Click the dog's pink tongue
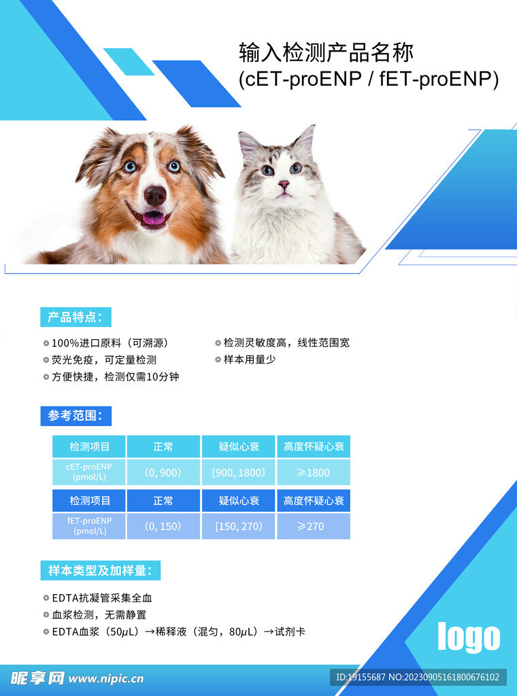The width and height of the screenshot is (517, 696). click(153, 217)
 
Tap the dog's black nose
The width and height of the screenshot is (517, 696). click(155, 195)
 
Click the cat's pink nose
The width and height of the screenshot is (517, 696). click(284, 184)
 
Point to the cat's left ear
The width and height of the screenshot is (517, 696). click(249, 144)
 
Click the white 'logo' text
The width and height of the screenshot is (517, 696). click(469, 637)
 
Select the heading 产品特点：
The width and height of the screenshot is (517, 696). click(76, 317)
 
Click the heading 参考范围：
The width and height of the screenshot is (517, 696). click(76, 415)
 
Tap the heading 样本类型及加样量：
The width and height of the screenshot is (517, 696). click(100, 570)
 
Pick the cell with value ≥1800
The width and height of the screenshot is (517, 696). click(314, 472)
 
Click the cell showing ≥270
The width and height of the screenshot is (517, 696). click(314, 526)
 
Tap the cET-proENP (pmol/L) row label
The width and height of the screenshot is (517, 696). click(89, 472)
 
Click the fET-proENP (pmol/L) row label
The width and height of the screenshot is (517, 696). click(89, 525)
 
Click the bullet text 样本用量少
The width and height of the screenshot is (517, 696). click(249, 360)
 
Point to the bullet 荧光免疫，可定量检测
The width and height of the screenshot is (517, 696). click(104, 360)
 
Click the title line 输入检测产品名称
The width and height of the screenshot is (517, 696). click(327, 52)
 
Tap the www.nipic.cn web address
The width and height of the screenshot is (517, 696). click(106, 678)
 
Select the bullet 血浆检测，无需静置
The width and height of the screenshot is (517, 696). click(99, 614)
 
